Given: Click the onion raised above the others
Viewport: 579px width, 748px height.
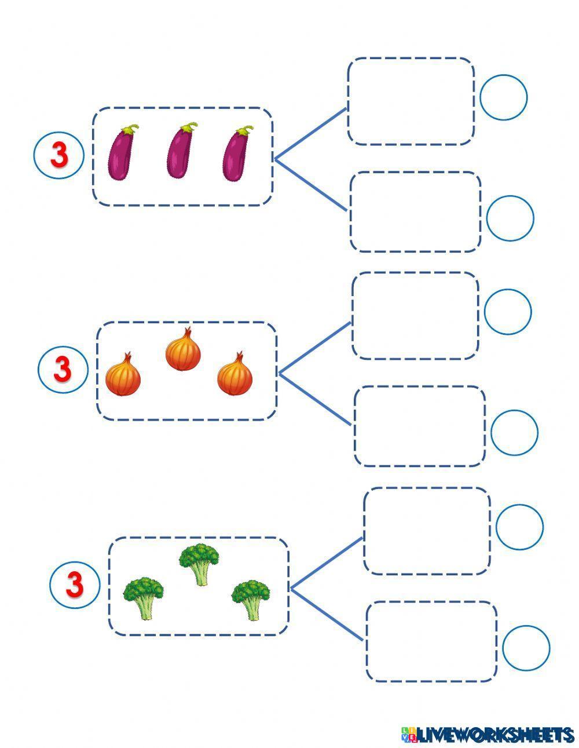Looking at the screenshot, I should pyautogui.click(x=183, y=349).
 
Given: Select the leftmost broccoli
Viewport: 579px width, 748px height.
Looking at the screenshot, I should pyautogui.click(x=143, y=597).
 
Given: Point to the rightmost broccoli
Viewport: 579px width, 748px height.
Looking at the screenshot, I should pyautogui.click(x=251, y=598).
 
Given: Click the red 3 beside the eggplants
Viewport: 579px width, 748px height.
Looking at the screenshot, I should pyautogui.click(x=59, y=155).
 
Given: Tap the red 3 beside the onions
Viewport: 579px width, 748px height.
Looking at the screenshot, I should pyautogui.click(x=63, y=369).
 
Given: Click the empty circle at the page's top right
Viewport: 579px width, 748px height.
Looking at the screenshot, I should pyautogui.click(x=503, y=97).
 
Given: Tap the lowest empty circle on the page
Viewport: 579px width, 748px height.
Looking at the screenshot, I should pyautogui.click(x=526, y=648).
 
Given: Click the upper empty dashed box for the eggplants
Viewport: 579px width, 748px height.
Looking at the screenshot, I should pyautogui.click(x=411, y=101).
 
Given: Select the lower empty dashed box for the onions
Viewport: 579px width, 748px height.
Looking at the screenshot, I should pyautogui.click(x=419, y=426).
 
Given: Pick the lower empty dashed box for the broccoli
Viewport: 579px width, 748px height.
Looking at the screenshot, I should pyautogui.click(x=431, y=641).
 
